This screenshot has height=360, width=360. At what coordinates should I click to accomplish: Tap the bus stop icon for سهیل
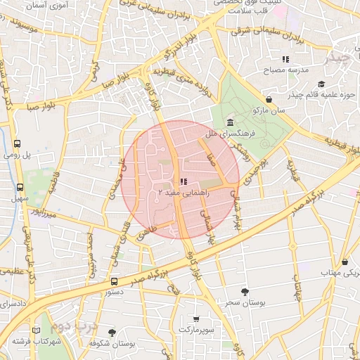pos(19,188)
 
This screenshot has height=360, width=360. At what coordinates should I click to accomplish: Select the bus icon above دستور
pos(114,281)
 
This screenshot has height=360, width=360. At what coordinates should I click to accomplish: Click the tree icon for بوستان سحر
pos(245,291)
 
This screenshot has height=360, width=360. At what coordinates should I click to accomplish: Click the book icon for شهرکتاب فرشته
pos(37,330)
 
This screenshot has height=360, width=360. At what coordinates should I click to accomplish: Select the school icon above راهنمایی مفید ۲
pos(184,181)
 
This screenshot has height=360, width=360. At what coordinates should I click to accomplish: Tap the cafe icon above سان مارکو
pos(270,100)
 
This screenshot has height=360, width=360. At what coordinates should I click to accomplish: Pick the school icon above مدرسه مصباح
pos(285,60)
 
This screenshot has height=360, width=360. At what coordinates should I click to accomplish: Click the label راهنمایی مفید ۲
pos(179,192)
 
